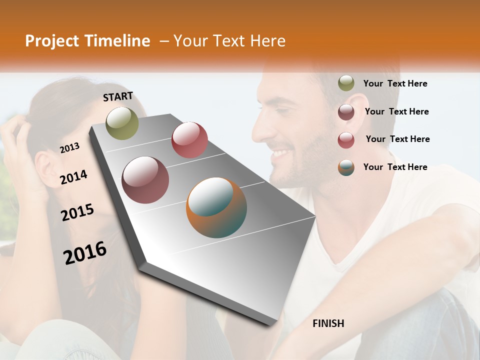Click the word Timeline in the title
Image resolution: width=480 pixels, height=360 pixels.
(117, 41)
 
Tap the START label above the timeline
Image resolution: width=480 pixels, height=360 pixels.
(118, 96)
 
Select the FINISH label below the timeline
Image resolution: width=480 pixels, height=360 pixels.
(328, 323)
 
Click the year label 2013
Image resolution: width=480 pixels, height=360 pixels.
(70, 148)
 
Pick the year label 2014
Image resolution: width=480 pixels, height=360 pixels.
(73, 177)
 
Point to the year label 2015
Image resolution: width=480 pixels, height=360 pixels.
(77, 212)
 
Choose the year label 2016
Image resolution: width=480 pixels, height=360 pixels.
(85, 253)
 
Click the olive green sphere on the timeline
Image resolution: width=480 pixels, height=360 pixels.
(122, 123)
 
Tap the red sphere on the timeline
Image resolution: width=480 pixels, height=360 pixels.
(189, 140)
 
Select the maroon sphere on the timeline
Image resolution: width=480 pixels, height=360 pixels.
(145, 180)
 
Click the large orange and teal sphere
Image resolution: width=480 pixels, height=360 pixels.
(216, 207)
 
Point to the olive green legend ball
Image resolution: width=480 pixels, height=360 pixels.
(346, 83)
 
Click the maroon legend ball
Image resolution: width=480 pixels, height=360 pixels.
(346, 112)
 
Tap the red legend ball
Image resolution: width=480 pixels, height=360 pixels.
(346, 140)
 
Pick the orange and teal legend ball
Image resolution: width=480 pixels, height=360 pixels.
(346, 167)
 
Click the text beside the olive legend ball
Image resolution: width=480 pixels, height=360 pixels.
(395, 83)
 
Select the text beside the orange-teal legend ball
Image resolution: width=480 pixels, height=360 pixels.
(395, 167)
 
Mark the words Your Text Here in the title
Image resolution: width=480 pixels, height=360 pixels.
(229, 41)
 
